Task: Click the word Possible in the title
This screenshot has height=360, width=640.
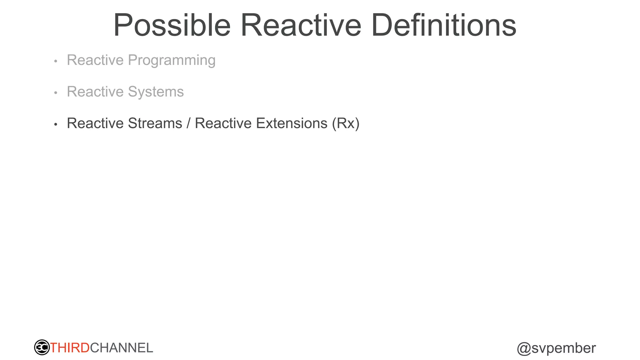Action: (172, 26)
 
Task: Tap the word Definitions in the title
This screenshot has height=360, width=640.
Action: (444, 26)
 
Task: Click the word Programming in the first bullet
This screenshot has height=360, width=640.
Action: (172, 60)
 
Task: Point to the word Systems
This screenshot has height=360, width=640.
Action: (156, 92)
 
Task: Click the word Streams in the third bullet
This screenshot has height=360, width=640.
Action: (155, 123)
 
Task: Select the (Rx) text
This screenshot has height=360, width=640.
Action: (346, 123)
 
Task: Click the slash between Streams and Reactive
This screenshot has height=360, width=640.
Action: (188, 123)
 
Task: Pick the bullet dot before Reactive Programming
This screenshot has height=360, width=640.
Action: (56, 61)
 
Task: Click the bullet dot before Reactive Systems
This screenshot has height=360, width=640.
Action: (56, 93)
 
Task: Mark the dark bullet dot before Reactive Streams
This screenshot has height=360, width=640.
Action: (56, 124)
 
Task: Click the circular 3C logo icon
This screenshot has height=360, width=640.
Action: (42, 347)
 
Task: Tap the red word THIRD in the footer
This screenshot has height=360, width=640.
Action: (70, 348)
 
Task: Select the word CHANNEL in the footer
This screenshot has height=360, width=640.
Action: (122, 348)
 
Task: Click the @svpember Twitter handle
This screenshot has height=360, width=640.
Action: (556, 348)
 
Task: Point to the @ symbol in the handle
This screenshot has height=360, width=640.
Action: (524, 348)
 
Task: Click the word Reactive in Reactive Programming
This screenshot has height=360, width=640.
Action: (95, 60)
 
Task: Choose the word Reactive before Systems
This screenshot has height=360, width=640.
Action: (95, 92)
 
